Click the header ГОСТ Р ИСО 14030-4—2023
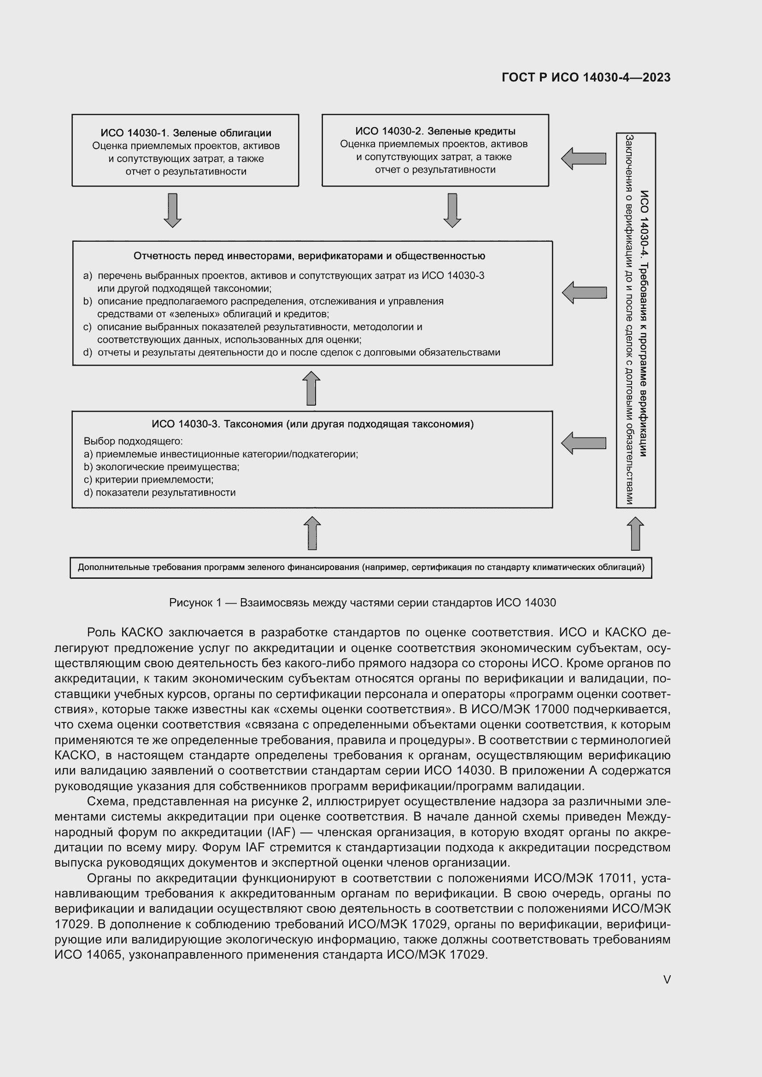coord(586,77)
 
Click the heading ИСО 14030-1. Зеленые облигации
coord(185,133)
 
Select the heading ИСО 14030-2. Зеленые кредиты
coord(435,131)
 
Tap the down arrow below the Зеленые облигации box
coord(172,210)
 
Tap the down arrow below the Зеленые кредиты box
coord(452,210)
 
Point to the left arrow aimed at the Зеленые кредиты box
coord(584,158)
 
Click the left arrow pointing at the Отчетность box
coord(584,293)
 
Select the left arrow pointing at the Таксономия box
coord(584,443)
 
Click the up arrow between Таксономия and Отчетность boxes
coord(311,389)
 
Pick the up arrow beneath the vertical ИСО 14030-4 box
coord(635,533)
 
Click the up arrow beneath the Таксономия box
coord(312,533)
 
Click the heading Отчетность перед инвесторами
coord(309,256)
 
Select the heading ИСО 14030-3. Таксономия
coord(312,425)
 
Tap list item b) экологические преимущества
coord(161,467)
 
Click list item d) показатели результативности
coord(159,493)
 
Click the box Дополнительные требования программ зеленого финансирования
coord(360,568)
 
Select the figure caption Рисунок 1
coord(362,603)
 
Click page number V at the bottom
coord(666,979)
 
